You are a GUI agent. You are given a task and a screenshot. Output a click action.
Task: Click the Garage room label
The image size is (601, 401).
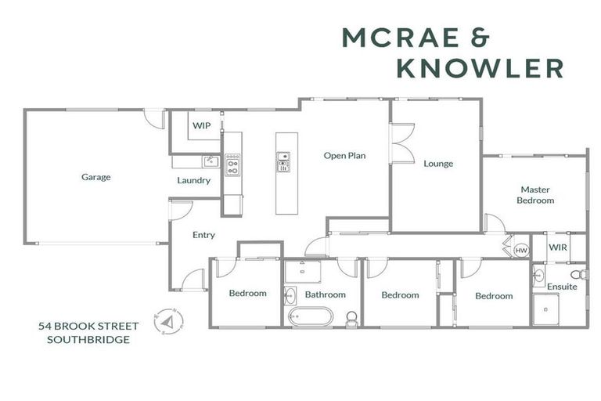[x=95, y=177]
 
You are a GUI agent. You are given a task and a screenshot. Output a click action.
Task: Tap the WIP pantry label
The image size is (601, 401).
[x=202, y=125]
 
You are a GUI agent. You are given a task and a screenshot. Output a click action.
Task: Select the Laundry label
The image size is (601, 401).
[x=193, y=180]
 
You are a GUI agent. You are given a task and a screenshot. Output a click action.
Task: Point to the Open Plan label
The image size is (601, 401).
[x=344, y=156]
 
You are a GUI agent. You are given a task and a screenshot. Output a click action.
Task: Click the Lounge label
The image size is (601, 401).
[x=438, y=164]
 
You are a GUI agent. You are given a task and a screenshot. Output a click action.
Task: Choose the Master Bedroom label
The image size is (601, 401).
[x=535, y=195]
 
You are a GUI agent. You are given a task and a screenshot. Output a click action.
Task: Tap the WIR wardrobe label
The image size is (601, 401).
[x=557, y=247]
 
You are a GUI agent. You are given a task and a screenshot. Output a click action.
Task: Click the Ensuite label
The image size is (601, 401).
[x=562, y=287]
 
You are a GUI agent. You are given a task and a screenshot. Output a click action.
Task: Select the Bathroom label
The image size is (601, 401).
[x=325, y=294]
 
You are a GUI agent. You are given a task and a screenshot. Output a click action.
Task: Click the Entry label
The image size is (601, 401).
[x=203, y=235]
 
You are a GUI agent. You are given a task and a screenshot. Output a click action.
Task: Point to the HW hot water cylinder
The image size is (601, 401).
[x=521, y=250]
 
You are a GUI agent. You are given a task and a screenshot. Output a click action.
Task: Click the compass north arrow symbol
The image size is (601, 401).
[x=168, y=322]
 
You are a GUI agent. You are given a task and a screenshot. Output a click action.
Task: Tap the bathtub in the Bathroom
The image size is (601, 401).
[x=311, y=316]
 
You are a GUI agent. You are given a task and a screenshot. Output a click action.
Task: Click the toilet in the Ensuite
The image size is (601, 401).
[x=579, y=275]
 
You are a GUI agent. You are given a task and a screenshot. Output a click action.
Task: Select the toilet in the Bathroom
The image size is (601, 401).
[x=352, y=320]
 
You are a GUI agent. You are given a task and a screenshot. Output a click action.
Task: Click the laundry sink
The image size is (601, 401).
[x=211, y=161]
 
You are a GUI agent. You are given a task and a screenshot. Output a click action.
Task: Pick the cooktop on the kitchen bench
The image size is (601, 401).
[x=232, y=165]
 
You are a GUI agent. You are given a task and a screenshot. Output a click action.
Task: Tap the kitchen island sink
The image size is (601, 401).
[x=283, y=161]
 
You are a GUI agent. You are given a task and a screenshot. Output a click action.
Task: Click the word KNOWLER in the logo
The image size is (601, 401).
[x=480, y=68]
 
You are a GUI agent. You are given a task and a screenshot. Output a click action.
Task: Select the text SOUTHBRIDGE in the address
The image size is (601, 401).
[x=88, y=340]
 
